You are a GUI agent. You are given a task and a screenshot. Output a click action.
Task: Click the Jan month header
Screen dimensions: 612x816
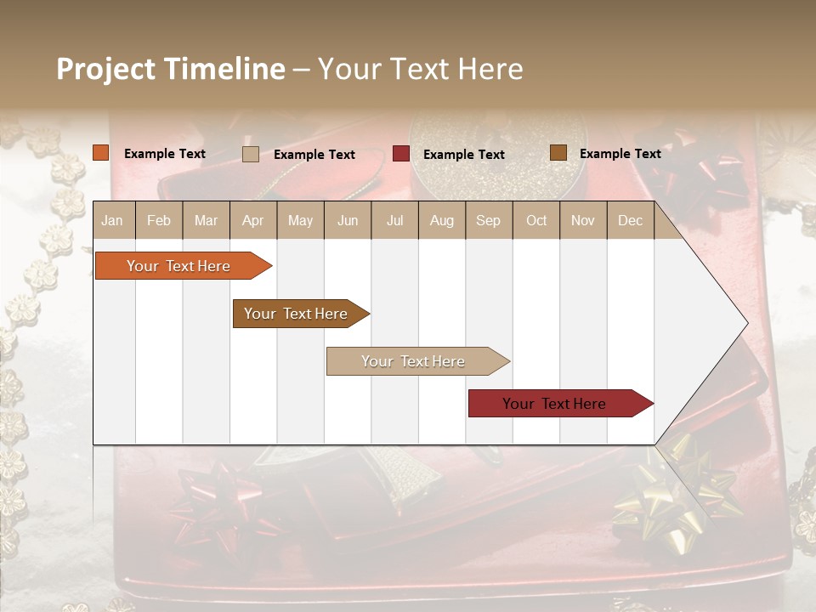click(113, 221)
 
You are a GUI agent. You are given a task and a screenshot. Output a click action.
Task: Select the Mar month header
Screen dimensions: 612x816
click(206, 221)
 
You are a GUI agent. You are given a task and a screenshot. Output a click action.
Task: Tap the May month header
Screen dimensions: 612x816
click(300, 221)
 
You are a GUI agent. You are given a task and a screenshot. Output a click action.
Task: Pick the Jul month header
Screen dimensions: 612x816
click(394, 221)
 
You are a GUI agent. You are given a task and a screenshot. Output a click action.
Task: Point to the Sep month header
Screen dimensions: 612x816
click(488, 221)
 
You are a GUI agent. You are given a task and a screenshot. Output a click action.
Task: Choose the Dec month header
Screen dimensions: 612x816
click(630, 221)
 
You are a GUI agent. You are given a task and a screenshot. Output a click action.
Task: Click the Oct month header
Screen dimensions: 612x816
click(536, 221)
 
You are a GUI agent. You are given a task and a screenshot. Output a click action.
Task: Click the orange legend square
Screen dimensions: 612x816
click(101, 153)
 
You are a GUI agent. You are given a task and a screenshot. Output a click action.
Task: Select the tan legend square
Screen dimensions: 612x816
click(251, 154)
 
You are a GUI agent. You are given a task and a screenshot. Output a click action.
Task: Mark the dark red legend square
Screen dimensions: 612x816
click(401, 154)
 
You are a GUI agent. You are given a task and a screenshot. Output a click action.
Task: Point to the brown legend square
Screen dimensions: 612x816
click(558, 153)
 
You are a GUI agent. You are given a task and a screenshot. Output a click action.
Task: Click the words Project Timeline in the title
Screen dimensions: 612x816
click(170, 69)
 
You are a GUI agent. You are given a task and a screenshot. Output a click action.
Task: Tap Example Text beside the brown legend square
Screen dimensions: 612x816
click(620, 154)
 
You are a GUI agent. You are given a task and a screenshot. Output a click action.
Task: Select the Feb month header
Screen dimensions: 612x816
click(159, 221)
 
